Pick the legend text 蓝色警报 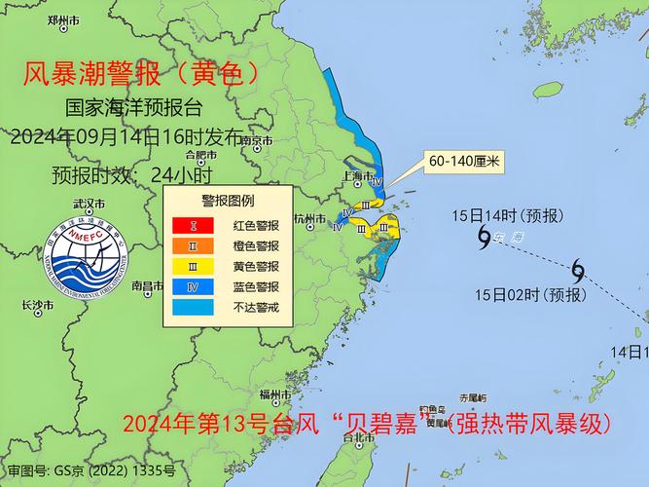[256, 286]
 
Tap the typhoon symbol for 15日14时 [484, 236]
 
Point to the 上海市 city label [357, 176]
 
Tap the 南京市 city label [257, 141]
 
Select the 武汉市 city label [90, 205]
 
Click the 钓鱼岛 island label [432, 408]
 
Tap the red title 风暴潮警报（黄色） [142, 73]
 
